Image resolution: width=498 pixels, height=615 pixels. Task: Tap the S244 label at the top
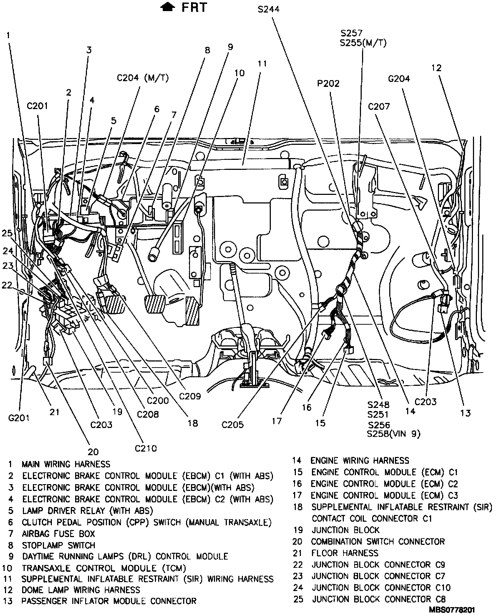tap(269, 9)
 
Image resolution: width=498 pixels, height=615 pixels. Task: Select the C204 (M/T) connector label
tap(143, 78)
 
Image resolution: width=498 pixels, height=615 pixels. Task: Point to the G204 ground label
tap(398, 79)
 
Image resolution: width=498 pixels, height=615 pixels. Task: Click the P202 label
tap(328, 84)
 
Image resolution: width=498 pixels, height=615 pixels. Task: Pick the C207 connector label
tap(379, 107)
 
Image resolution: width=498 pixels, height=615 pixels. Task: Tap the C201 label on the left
tap(37, 106)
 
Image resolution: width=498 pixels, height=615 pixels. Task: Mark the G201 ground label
tap(19, 418)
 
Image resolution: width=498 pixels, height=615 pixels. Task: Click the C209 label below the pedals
tap(190, 396)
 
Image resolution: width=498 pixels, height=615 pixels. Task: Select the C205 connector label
tap(233, 424)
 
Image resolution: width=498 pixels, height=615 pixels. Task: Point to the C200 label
tap(158, 400)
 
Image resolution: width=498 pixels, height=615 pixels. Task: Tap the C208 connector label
tap(148, 414)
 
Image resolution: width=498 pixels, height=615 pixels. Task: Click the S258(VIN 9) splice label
tap(394, 434)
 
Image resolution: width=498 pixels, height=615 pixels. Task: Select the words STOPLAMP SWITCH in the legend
tap(59, 545)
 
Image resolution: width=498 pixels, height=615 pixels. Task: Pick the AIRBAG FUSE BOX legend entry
tap(59, 534)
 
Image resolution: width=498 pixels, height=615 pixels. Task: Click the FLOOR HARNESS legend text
tap(345, 553)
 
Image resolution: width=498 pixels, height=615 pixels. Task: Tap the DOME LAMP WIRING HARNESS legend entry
tap(81, 590)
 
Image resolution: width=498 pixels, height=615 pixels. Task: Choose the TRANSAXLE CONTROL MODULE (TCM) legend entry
tap(104, 568)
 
